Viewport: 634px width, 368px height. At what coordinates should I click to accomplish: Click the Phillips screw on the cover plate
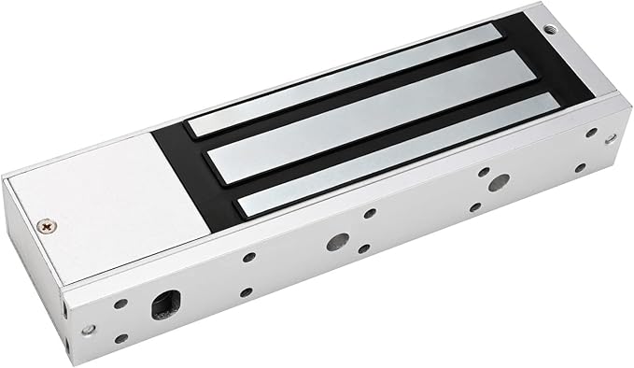click(45, 225)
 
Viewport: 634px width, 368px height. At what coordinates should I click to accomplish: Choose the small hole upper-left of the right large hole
click(484, 172)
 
